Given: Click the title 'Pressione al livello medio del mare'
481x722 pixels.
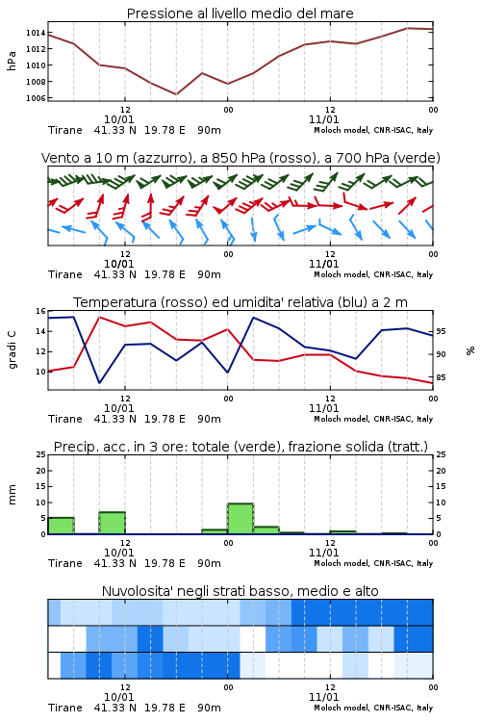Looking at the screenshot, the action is (x=240, y=13).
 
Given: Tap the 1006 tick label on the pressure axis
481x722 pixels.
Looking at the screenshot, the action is (x=36, y=98).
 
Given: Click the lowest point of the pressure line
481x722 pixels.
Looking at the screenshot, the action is (x=176, y=94).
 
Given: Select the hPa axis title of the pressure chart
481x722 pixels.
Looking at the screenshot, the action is (x=12, y=61).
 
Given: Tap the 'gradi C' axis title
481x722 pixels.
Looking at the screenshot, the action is (x=12, y=350).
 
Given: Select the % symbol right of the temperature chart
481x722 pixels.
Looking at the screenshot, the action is (x=470, y=350).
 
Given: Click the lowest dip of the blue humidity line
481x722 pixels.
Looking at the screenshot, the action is (x=99, y=382).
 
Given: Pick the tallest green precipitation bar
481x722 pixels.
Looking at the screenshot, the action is (x=240, y=519).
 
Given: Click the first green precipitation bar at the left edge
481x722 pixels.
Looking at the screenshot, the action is (x=62, y=526).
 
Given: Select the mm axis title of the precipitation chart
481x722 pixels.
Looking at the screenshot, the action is (x=12, y=495).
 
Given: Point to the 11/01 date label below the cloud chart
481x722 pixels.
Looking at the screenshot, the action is (x=324, y=697).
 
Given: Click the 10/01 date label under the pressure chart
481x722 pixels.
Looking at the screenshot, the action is (x=119, y=119).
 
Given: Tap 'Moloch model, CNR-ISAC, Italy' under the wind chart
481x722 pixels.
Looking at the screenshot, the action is (x=373, y=274).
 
